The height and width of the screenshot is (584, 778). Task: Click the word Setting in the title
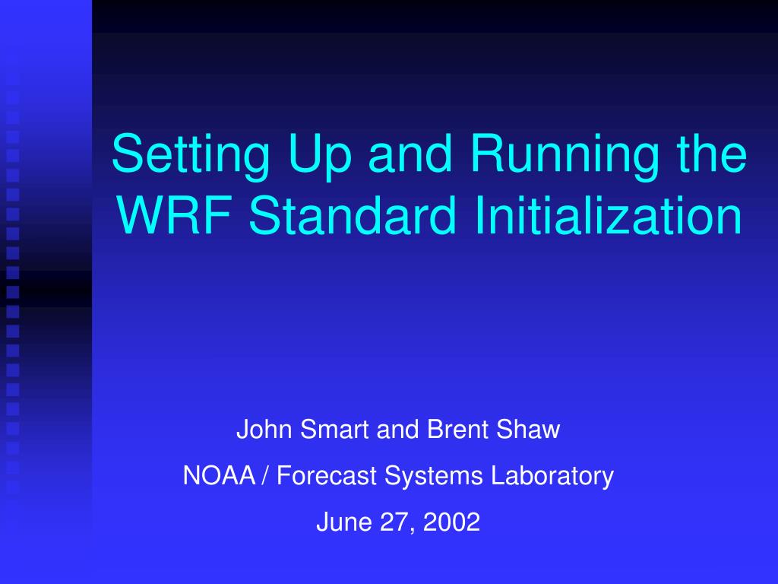[191, 155]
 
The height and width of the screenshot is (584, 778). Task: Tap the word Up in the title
[320, 155]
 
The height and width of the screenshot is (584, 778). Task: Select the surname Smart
[334, 429]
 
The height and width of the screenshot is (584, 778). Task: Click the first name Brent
[457, 429]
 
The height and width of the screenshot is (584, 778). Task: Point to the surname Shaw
[528, 429]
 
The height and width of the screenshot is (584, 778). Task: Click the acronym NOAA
[220, 475]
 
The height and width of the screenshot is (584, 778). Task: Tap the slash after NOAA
[265, 476]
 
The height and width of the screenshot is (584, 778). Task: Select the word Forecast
[326, 475]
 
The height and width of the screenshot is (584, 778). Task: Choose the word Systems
[434, 477]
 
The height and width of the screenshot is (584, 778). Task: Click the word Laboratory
[552, 477]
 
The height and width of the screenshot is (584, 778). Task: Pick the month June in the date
[344, 522]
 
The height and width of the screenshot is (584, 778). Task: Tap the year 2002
[451, 522]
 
